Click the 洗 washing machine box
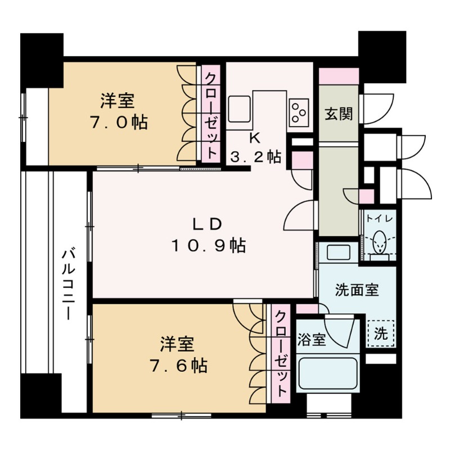pos(381,332)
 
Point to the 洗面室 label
pos(357,290)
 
